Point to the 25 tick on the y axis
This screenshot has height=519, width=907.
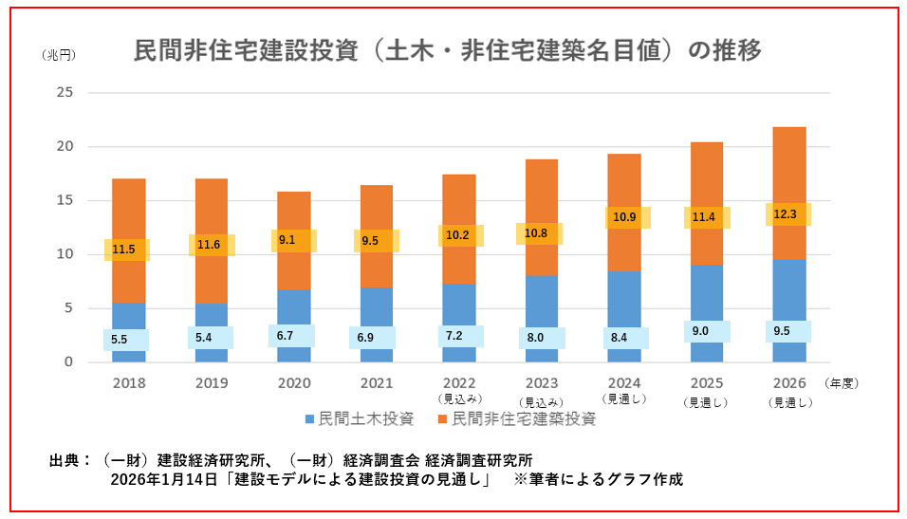click(65, 93)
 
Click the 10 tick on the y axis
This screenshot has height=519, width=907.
click(65, 254)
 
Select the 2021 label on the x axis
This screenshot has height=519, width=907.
click(377, 383)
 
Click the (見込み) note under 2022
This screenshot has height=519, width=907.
click(459, 399)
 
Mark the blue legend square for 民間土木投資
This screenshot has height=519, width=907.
click(309, 418)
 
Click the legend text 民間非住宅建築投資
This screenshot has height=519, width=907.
click(524, 418)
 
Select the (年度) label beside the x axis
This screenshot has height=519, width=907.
click(841, 384)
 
